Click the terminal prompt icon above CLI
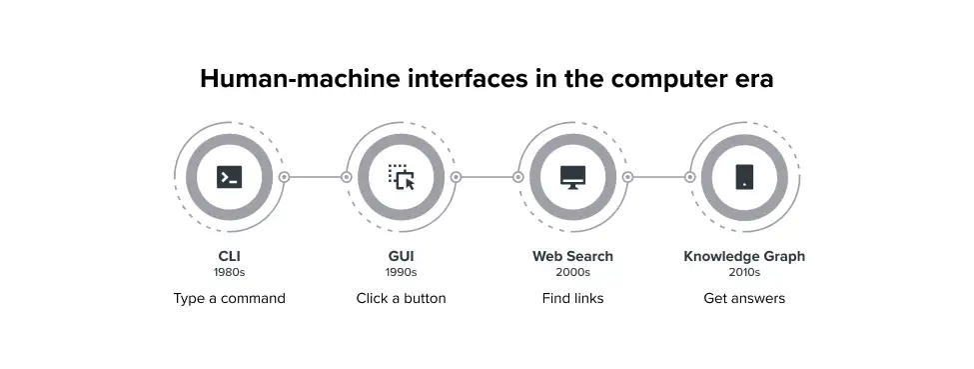click(229, 177)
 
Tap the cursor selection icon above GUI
click(401, 177)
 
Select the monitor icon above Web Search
click(572, 177)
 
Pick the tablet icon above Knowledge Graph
click(744, 177)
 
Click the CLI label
click(229, 256)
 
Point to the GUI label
click(401, 256)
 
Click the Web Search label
click(572, 256)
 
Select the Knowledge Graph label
click(744, 256)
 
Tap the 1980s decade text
click(229, 272)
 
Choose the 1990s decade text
click(401, 272)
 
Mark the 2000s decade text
click(572, 272)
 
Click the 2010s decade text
click(744, 272)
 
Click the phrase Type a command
click(229, 298)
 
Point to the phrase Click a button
click(401, 298)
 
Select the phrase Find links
click(572, 298)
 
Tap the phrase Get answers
click(744, 298)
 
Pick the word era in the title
click(751, 79)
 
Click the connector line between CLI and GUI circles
click(315, 177)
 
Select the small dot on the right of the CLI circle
click(284, 177)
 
